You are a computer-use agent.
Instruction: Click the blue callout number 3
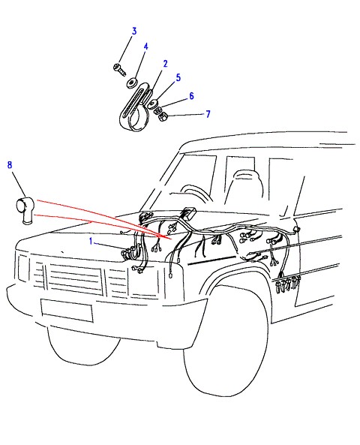(134, 31)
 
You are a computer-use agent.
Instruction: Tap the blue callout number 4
(145, 47)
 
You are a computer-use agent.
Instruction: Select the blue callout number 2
(166, 64)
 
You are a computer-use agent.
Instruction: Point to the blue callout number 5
(178, 77)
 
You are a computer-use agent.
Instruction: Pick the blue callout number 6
(191, 96)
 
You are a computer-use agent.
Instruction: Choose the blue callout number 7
(208, 114)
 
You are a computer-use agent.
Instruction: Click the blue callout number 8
(10, 164)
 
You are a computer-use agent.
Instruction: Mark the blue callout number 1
(91, 241)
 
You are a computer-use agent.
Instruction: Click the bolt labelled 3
(119, 70)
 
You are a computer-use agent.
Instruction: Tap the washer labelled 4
(132, 83)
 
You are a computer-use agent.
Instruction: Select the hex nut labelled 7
(163, 116)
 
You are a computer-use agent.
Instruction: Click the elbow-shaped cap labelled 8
(25, 210)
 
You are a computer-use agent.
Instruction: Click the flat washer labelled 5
(153, 104)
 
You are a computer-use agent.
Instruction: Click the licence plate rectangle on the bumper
(67, 310)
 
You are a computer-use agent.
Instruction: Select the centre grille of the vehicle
(75, 278)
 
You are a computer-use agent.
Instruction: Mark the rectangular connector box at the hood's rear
(187, 213)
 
